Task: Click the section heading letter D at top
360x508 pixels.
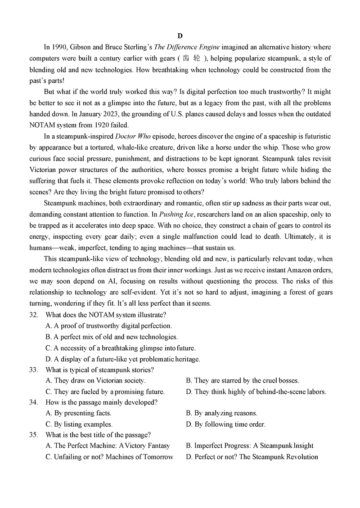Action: point(180,36)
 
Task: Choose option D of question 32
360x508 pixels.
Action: point(123,359)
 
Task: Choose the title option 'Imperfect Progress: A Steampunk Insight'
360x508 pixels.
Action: point(250,446)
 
